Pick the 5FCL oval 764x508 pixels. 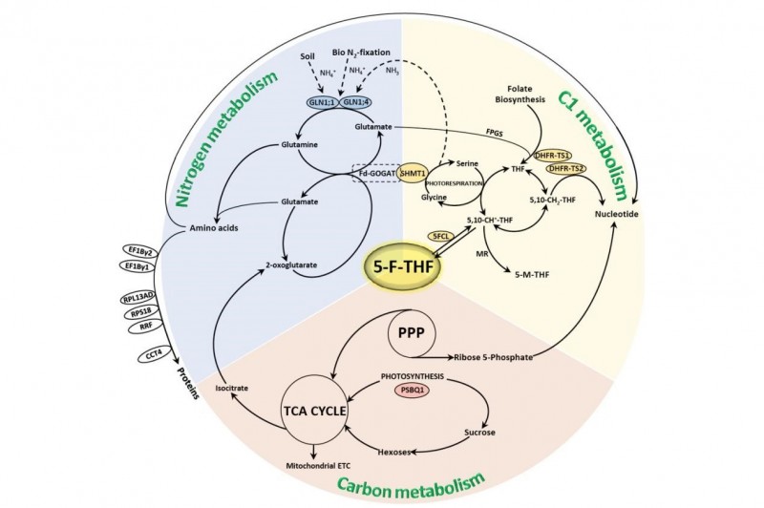coord(441,235)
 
